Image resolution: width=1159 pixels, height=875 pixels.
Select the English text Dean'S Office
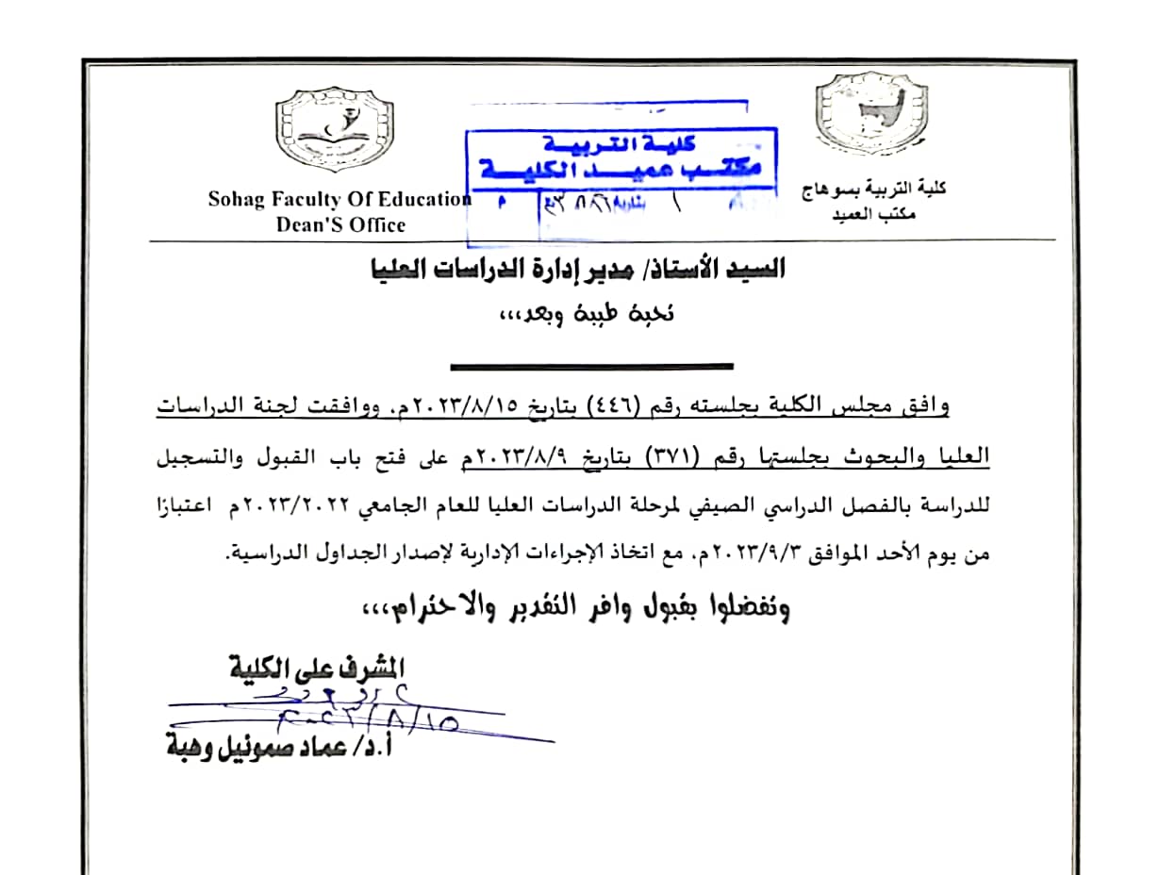point(340,224)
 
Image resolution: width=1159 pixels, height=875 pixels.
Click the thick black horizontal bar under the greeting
point(591,366)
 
